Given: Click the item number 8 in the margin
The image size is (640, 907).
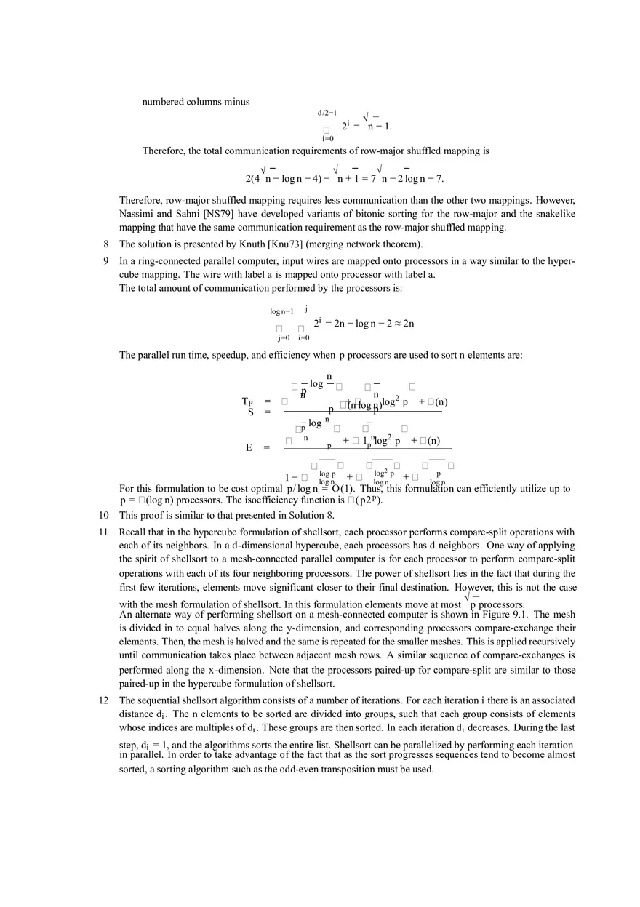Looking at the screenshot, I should (106, 244).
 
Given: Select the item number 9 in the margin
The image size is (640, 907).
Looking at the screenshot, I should (106, 261).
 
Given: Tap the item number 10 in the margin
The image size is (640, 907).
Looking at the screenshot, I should (104, 516).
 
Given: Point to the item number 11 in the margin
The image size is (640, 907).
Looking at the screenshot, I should (104, 532).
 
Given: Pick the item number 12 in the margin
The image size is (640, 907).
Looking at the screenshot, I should (104, 700).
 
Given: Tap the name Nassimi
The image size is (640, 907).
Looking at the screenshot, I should (137, 214).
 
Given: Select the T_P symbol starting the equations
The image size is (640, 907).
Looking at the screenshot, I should (247, 401).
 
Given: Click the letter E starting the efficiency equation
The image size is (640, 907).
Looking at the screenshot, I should (248, 447).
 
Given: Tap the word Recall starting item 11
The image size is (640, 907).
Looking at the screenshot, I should (133, 532).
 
